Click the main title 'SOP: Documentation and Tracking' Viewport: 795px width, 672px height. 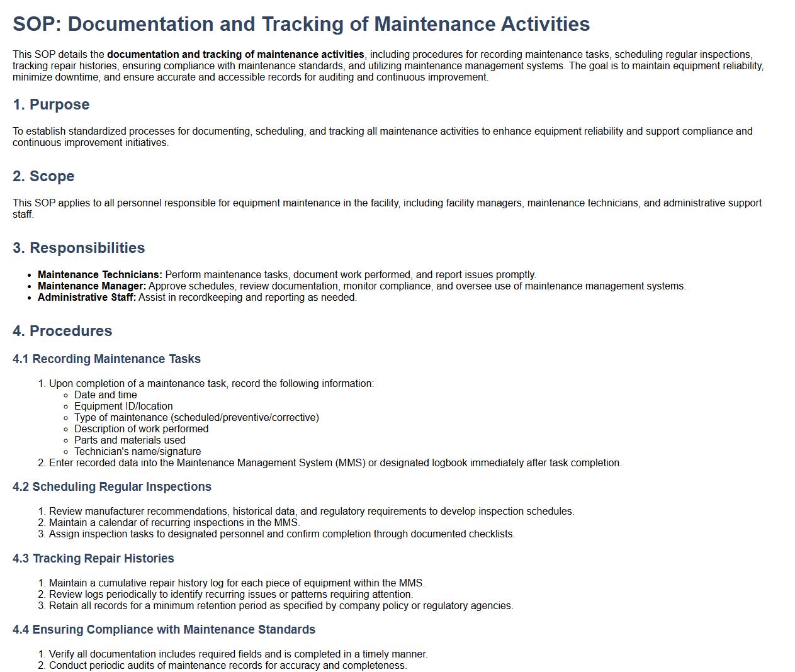(x=301, y=24)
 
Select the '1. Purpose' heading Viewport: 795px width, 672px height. (x=51, y=104)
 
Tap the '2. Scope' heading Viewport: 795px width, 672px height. (x=43, y=176)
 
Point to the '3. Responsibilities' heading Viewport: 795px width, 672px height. (x=79, y=248)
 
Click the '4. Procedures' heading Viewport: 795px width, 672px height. (x=62, y=331)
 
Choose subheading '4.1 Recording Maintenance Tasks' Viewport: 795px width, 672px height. (x=106, y=359)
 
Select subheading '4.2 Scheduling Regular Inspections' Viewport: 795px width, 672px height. (x=112, y=487)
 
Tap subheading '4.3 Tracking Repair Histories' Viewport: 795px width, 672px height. (x=93, y=559)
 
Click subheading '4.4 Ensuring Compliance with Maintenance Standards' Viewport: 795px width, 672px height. (x=164, y=630)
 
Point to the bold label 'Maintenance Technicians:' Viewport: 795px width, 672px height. (x=100, y=275)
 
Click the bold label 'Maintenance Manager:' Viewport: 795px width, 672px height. (x=92, y=286)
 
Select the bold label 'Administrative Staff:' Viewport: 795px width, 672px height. (x=87, y=298)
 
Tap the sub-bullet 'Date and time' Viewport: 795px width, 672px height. (x=106, y=395)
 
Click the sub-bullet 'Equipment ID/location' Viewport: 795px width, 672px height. (x=123, y=406)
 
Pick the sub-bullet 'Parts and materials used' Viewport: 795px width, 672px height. (x=130, y=440)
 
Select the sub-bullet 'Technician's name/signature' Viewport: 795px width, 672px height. (x=138, y=452)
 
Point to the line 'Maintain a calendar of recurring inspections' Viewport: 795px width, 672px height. (x=174, y=523)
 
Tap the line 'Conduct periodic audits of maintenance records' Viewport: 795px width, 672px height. (x=228, y=666)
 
